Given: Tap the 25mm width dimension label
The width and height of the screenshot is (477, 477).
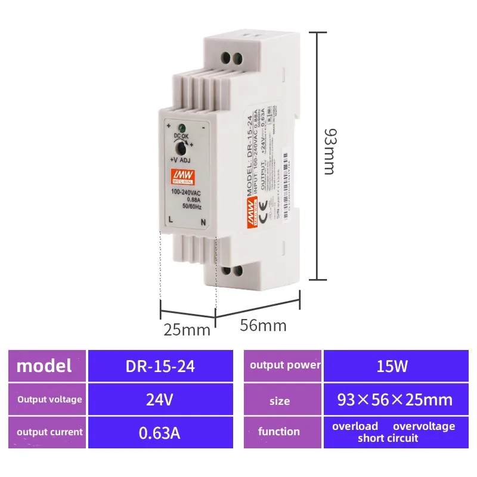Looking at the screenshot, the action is [x=187, y=329].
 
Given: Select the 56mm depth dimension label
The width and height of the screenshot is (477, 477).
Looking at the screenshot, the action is [x=263, y=326].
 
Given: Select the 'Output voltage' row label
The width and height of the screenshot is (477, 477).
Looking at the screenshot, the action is [x=49, y=399].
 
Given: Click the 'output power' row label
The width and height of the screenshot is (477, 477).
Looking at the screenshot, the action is [x=285, y=365].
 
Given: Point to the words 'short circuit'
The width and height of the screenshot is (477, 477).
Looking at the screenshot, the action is [x=388, y=438].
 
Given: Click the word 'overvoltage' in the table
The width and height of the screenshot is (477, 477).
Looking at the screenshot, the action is [x=423, y=426].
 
